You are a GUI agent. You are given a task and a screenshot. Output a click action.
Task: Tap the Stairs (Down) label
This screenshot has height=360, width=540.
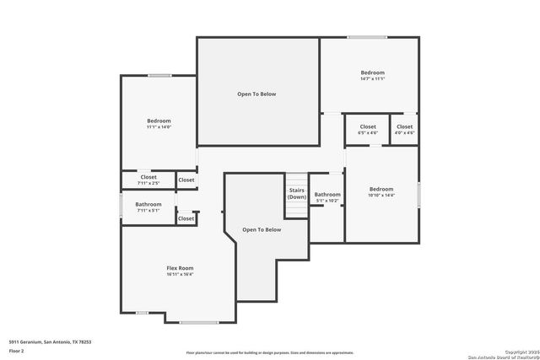(x=296, y=194)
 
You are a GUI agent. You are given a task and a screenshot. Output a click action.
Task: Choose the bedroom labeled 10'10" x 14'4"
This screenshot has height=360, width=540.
(x=381, y=190)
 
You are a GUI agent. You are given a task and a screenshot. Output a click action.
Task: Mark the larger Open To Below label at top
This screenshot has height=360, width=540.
(x=256, y=94)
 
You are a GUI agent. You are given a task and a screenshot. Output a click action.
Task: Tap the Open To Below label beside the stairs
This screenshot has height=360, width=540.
(x=262, y=229)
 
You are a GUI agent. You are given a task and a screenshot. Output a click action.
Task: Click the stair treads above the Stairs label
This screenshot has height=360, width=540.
(x=296, y=180)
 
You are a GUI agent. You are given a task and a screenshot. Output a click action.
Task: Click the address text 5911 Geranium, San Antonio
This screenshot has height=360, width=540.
(x=50, y=341)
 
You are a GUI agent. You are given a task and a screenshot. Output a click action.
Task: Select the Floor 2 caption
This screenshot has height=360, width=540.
(x=17, y=348)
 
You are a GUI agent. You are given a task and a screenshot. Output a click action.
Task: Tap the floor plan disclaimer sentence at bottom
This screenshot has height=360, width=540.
(x=270, y=352)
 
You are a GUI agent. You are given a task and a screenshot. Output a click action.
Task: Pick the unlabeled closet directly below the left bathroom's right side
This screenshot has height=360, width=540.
(x=186, y=218)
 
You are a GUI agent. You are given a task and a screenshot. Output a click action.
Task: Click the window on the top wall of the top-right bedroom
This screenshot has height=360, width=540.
(x=362, y=37)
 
